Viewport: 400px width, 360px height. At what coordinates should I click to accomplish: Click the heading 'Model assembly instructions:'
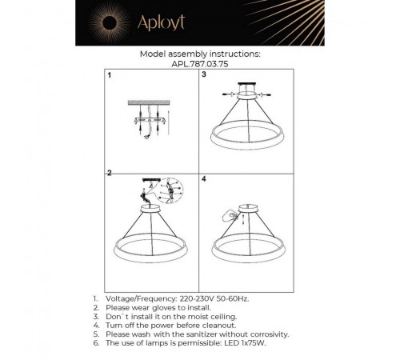pos(200,54)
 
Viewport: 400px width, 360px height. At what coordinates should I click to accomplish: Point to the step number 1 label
pos(110,74)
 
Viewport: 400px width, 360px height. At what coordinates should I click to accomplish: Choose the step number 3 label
pos(204,74)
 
